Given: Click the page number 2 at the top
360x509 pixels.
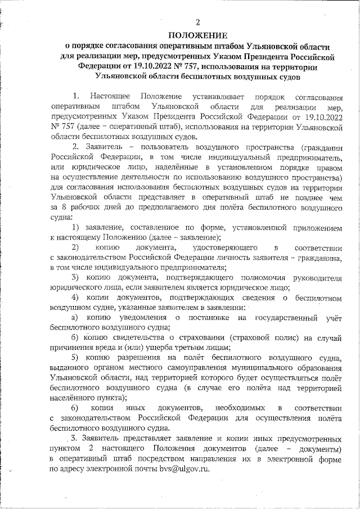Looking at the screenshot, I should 197,22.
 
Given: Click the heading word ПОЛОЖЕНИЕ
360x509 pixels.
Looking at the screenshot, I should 197,35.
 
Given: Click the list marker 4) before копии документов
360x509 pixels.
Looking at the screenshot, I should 78,298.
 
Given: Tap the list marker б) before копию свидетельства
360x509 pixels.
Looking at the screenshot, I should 78,337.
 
